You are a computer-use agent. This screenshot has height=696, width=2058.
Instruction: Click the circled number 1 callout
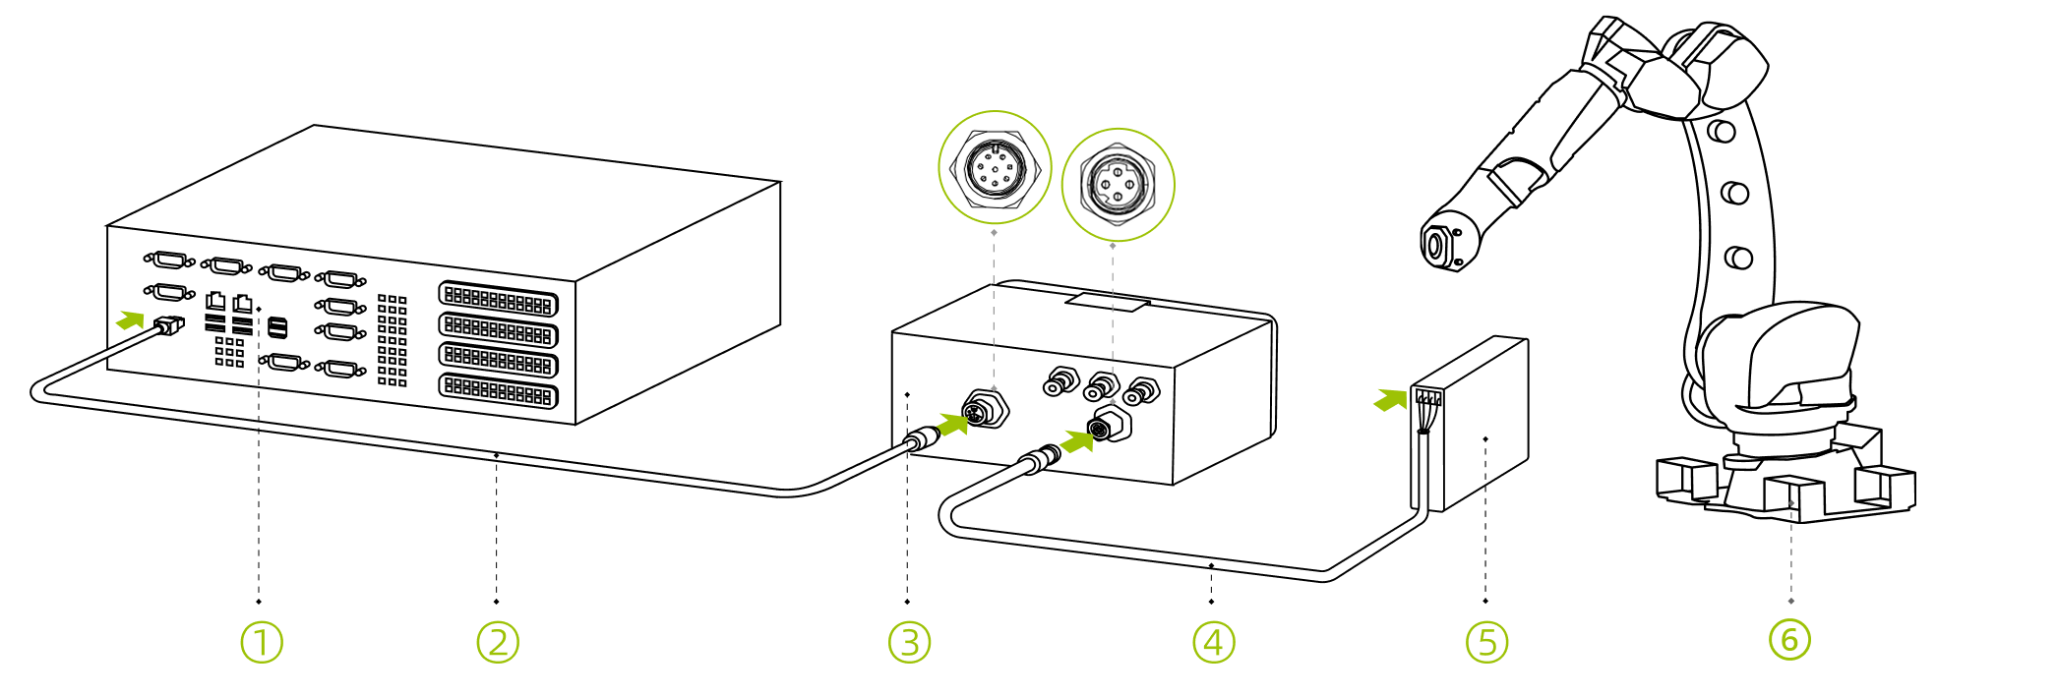coord(262,642)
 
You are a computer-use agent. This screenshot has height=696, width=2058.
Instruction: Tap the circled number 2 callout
coord(498,642)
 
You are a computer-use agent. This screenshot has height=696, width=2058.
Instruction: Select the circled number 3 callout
coord(909,642)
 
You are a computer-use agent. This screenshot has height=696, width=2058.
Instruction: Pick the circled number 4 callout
coord(1214,642)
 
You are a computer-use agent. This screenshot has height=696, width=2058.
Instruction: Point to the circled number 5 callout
coord(1486,642)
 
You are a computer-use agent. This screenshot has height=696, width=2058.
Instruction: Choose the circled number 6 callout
coord(1789,639)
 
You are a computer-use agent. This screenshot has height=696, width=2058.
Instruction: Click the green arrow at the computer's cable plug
coord(130,319)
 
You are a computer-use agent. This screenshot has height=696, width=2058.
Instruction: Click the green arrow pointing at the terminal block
coord(1390,399)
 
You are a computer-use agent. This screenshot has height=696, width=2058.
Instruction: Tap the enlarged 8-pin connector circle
coord(995,168)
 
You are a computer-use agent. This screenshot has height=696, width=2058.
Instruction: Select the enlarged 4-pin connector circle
coord(1118,185)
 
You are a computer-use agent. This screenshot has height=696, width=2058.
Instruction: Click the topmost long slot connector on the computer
coord(498,300)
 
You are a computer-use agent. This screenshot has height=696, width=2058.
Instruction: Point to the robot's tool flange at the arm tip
coord(1437,244)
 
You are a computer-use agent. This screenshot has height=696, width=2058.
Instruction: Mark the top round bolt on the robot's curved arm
coord(1722,131)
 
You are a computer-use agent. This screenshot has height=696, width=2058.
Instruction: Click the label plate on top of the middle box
coord(1108,301)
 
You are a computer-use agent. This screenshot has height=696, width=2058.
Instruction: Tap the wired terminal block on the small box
coord(1427,397)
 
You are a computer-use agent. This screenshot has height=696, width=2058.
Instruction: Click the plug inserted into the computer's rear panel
coord(169,325)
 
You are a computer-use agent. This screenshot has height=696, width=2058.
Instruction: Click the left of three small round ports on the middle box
coord(1059,381)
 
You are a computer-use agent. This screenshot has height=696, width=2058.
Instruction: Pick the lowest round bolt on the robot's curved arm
coord(1739,258)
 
